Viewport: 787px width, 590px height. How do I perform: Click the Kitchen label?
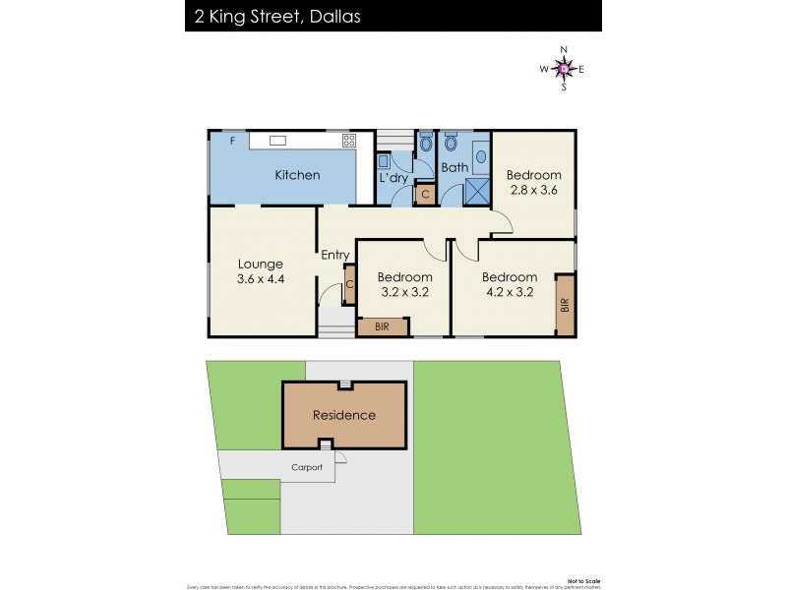pyautogui.click(x=297, y=175)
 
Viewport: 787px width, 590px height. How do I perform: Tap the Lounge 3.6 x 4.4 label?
pyautogui.click(x=260, y=271)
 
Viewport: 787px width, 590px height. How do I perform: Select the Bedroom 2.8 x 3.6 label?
pyautogui.click(x=533, y=183)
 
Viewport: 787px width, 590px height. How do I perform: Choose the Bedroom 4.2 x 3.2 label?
pyautogui.click(x=510, y=284)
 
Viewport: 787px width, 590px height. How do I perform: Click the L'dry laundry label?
pyautogui.click(x=393, y=178)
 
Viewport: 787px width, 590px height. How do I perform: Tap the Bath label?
pyautogui.click(x=454, y=168)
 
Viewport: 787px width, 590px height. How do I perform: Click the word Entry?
pyautogui.click(x=335, y=256)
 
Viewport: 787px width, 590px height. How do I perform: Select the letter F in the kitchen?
pyautogui.click(x=232, y=142)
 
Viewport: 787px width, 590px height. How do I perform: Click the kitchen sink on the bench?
pyautogui.click(x=277, y=141)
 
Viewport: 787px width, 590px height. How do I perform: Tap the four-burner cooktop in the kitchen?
pyautogui.click(x=348, y=140)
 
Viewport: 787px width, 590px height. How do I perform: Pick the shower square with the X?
pyautogui.click(x=477, y=190)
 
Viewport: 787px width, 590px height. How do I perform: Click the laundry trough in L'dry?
pyautogui.click(x=383, y=159)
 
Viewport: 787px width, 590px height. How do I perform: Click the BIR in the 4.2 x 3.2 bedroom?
pyautogui.click(x=565, y=306)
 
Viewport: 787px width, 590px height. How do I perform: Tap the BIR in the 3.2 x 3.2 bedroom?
pyautogui.click(x=382, y=327)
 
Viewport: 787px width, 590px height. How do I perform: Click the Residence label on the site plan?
pyautogui.click(x=344, y=415)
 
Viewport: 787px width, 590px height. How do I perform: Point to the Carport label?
pyautogui.click(x=306, y=467)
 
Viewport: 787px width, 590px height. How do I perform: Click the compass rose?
pyautogui.click(x=563, y=68)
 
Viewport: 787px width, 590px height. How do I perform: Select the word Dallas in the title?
pyautogui.click(x=331, y=16)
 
